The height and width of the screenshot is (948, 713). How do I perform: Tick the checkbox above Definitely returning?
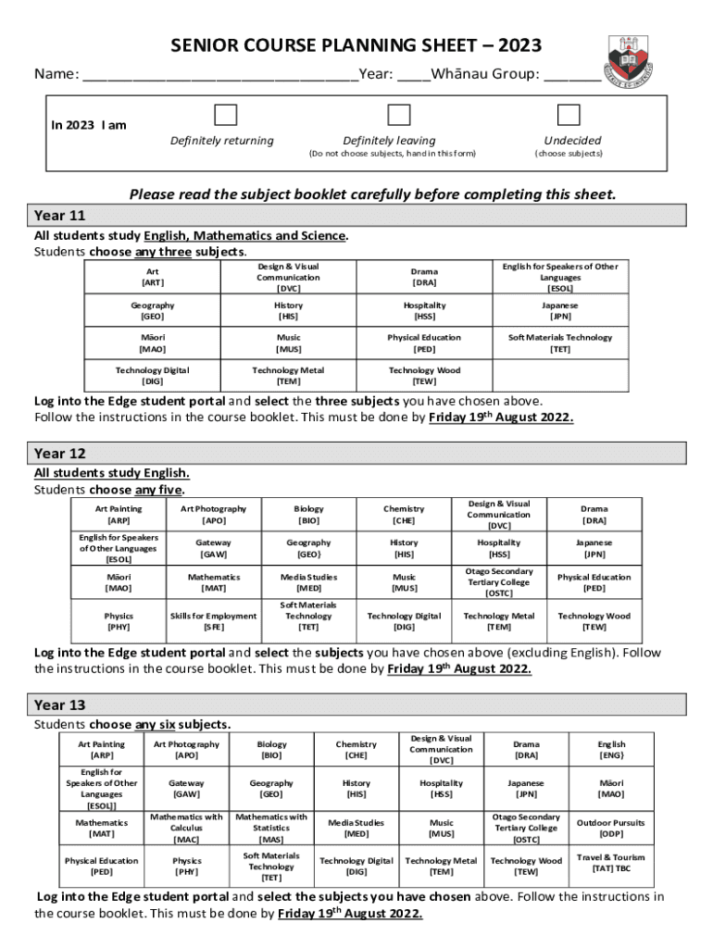point(225,115)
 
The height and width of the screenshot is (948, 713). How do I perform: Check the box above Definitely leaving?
point(399,115)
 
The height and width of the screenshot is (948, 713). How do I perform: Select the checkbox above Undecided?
point(569,115)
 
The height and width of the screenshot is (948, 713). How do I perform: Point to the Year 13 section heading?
point(61,705)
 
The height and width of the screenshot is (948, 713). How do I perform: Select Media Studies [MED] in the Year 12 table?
point(308,582)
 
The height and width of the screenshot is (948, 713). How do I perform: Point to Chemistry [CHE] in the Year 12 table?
point(404,515)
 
